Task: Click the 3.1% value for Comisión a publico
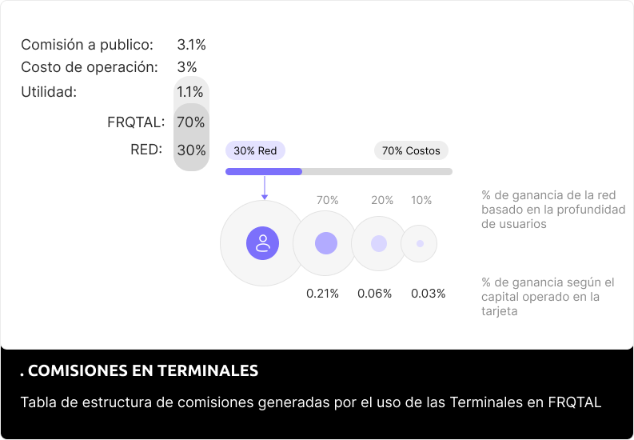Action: [191, 45]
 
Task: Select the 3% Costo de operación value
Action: [187, 67]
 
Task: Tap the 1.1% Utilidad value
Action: [191, 92]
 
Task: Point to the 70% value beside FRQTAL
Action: [191, 122]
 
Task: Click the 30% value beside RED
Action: [191, 150]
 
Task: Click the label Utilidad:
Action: [49, 92]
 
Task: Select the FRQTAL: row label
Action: [136, 122]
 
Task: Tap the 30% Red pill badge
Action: [255, 150]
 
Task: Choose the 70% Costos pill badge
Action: [411, 150]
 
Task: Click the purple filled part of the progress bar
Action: [264, 171]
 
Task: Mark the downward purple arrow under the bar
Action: [264, 190]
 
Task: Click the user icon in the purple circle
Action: [262, 243]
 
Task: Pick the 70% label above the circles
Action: [328, 200]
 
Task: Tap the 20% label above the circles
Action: [382, 200]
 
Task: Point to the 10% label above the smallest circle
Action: [421, 200]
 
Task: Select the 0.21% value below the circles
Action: [323, 294]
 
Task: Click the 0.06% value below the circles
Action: [375, 294]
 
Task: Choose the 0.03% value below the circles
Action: [429, 294]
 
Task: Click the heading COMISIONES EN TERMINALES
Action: [139, 371]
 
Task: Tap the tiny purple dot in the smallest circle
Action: [420, 243]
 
